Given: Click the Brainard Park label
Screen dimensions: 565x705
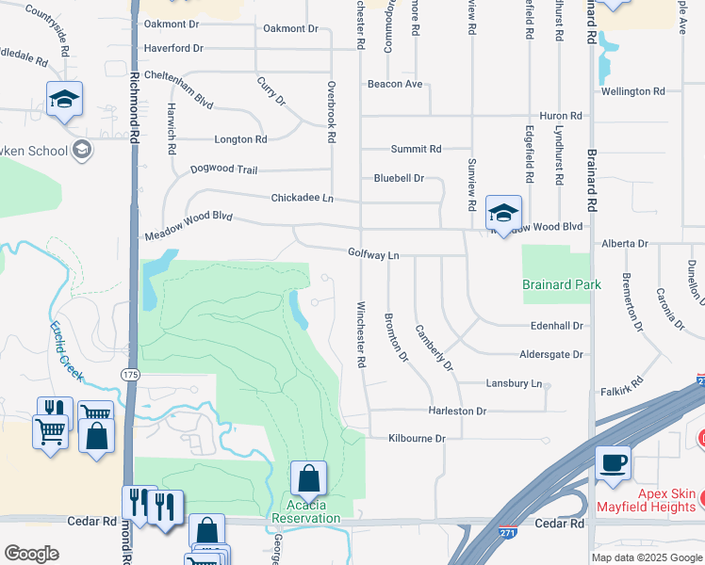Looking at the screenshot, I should click(562, 284).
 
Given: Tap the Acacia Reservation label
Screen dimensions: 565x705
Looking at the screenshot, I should click(305, 512).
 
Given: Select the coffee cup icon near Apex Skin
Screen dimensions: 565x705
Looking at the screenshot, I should click(613, 462).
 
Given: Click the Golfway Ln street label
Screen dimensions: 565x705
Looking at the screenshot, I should click(373, 254).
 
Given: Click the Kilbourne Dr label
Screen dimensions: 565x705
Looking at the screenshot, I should click(417, 439).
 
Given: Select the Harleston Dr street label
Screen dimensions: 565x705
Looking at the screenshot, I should click(457, 412).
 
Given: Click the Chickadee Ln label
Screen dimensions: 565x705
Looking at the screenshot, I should click(303, 199).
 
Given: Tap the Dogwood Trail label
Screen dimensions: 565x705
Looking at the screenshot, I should click(223, 169).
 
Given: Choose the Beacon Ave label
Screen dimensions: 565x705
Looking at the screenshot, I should click(395, 84).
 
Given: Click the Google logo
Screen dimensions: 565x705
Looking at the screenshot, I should click(31, 554).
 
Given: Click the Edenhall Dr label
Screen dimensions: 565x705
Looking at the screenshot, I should click(557, 326).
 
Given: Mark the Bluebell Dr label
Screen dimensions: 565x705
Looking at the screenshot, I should click(399, 177).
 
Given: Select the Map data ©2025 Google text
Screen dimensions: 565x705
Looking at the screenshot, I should click(646, 557).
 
